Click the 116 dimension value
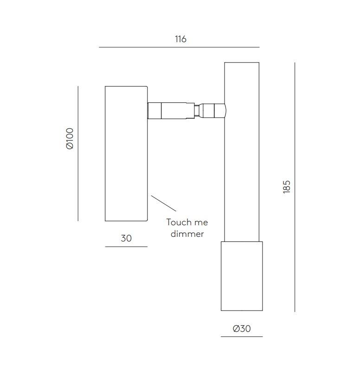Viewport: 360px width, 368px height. click(x=180, y=39)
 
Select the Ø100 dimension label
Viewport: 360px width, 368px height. click(x=70, y=139)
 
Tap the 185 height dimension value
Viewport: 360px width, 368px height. click(x=287, y=187)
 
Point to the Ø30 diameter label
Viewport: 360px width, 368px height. click(x=242, y=328)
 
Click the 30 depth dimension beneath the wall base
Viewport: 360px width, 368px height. click(x=126, y=238)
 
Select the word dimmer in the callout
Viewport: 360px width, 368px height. click(x=187, y=234)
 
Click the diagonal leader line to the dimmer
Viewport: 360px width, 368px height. click(x=164, y=203)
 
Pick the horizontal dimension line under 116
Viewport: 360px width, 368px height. click(x=179, y=47)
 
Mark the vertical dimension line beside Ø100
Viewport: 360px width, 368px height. click(x=78, y=153)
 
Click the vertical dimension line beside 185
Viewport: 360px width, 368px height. click(x=295, y=187)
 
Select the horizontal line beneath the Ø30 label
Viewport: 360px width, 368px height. click(x=242, y=336)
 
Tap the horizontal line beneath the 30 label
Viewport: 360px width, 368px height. click(x=126, y=247)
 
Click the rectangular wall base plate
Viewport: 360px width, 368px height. click(x=126, y=153)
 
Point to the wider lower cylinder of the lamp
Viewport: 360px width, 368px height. click(x=242, y=276)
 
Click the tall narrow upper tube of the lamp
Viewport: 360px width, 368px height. click(x=242, y=152)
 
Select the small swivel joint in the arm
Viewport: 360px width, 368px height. click(x=197, y=111)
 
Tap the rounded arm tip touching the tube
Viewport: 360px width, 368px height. click(x=213, y=111)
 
